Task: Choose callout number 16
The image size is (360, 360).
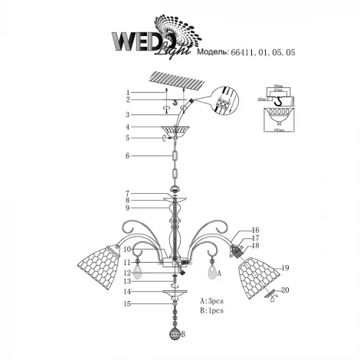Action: point(256,230)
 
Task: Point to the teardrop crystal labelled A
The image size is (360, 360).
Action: point(210,271)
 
